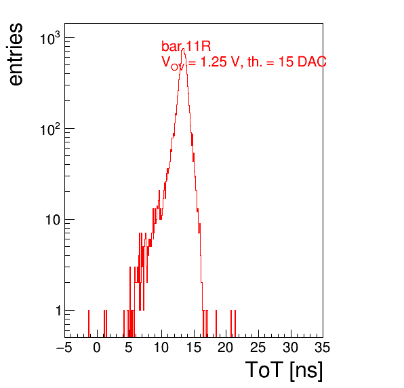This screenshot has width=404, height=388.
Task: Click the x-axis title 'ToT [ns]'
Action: coord(284,370)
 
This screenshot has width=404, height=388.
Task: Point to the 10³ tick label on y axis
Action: coord(49,39)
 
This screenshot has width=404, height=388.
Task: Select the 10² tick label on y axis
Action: coord(49,130)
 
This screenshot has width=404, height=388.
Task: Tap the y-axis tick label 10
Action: coord(53,220)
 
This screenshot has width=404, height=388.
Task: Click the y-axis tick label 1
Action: coord(58,311)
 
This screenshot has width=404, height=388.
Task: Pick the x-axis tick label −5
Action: coord(64,347)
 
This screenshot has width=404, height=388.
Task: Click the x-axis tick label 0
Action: coord(97,347)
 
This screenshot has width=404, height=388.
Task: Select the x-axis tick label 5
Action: coord(129,347)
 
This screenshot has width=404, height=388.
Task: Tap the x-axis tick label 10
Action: coord(161,347)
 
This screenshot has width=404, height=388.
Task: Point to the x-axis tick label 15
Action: coord(193,347)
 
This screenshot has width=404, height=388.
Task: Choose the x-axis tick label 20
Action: coord(226,347)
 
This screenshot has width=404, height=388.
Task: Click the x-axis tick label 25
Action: coord(258,347)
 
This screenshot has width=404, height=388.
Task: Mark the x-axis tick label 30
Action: coord(290,347)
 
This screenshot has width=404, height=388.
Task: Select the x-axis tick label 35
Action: coord(323,347)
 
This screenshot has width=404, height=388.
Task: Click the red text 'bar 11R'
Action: coord(186,46)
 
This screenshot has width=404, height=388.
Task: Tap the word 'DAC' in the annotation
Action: coord(312,62)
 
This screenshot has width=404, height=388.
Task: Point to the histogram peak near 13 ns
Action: coord(183,49)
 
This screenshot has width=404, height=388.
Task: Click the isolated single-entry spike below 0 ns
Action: coord(89,324)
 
